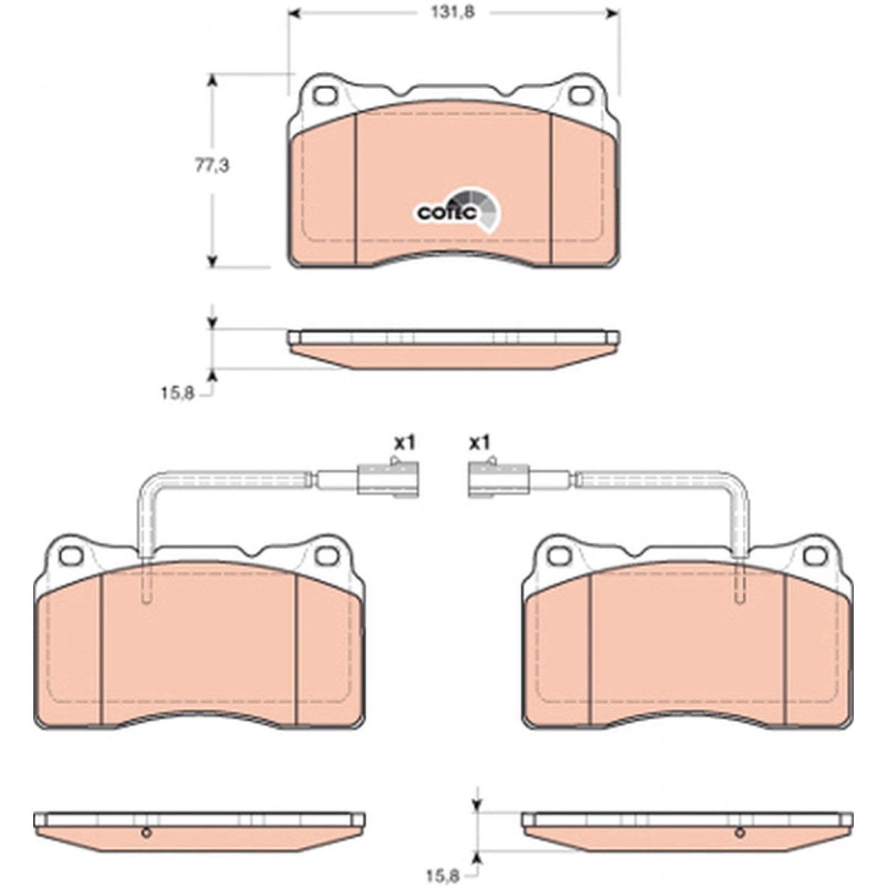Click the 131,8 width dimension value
point(453,13)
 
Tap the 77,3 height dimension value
point(212,166)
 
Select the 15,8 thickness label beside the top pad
point(177,393)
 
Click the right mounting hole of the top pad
point(580,95)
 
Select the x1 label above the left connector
point(405,443)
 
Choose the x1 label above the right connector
point(480,443)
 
